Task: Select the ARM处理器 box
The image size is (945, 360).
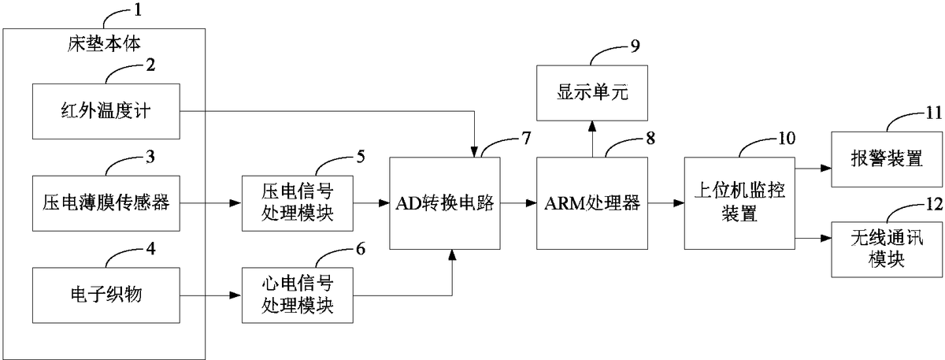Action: coord(591,203)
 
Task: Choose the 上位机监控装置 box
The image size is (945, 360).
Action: coord(739,203)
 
